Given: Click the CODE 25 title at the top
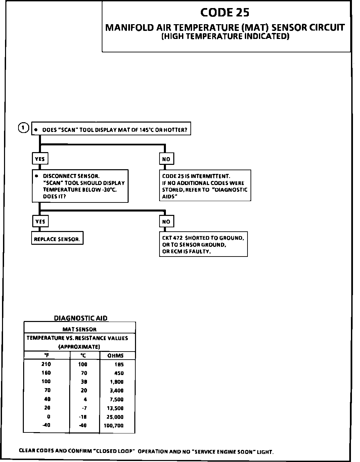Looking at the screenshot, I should point(225,13).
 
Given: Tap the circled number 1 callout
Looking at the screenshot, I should point(23,128).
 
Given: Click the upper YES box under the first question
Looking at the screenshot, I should point(40,159).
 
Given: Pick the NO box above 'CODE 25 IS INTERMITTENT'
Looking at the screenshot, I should point(166,159).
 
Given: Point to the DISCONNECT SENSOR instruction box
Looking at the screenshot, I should point(80,186).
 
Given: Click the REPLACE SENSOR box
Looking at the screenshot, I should point(57,239).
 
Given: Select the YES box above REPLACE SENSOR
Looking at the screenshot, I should point(40,222).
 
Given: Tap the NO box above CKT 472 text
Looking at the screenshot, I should point(166,222).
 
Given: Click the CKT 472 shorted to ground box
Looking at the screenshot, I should point(203,244).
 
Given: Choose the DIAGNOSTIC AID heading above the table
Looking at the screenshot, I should point(81,318).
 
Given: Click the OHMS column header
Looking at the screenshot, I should point(116,356).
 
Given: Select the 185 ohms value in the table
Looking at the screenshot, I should point(119,364).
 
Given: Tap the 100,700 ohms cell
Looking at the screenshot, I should point(116,426).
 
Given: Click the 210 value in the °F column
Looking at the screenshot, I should point(46,364).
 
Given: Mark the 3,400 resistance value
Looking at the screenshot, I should point(117,390).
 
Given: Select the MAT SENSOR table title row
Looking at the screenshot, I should point(80,329).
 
